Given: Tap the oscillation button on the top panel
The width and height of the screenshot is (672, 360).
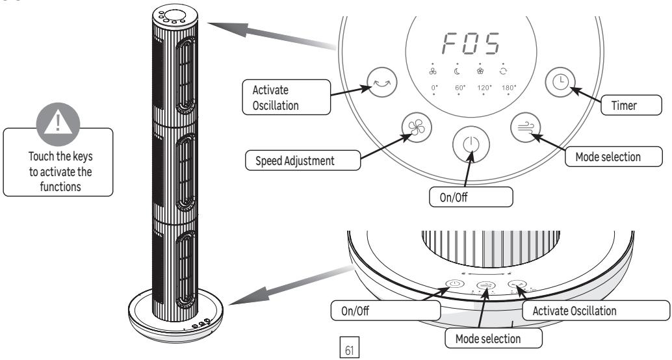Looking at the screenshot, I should (379, 81).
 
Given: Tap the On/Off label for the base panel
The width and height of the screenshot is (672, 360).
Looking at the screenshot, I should (355, 310).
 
